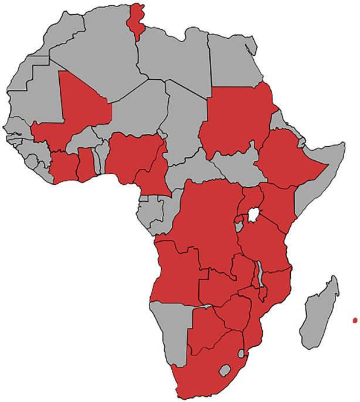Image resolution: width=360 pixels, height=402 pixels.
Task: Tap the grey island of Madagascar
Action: click(x=320, y=314)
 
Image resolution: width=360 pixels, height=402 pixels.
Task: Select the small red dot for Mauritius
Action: click(x=355, y=320)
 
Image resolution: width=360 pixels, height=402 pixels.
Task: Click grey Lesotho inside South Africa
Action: click(x=223, y=370)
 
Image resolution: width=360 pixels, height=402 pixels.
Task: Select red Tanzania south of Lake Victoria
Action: click(x=264, y=246)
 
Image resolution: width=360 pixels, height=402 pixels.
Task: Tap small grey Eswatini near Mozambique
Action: click(x=241, y=354)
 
